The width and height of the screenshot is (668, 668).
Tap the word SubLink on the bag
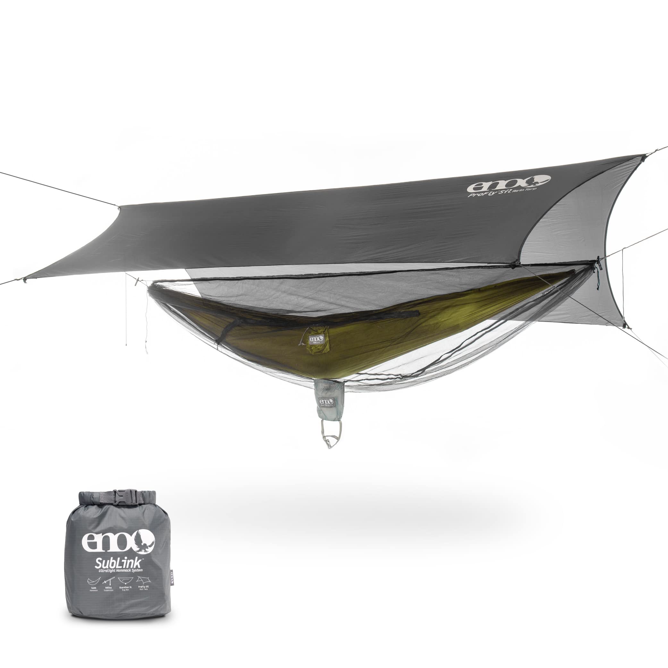[x=111, y=559]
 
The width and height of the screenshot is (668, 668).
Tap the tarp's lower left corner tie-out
[x=24, y=280]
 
